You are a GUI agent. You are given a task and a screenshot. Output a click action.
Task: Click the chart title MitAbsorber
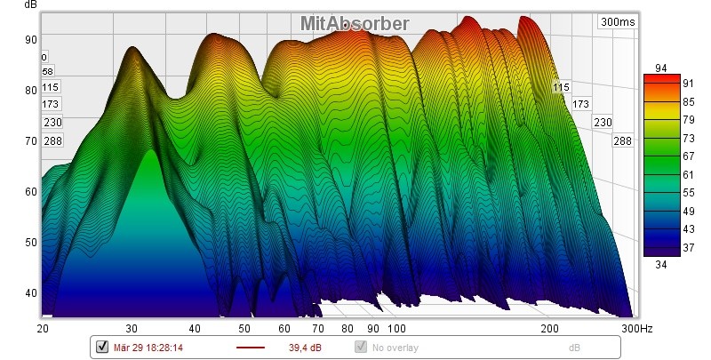(x=354, y=24)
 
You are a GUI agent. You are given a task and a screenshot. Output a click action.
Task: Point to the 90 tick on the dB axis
(x=29, y=39)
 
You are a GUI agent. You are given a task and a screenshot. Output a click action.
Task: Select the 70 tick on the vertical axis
(x=29, y=140)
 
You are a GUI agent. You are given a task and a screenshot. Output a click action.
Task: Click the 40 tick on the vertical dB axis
(x=29, y=293)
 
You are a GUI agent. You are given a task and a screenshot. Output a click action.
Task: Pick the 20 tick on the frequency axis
(x=42, y=329)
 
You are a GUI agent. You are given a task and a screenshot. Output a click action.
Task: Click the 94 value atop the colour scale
(x=660, y=68)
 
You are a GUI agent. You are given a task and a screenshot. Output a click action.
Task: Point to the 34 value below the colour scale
(x=660, y=263)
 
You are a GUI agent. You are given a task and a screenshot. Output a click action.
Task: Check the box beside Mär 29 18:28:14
(x=100, y=347)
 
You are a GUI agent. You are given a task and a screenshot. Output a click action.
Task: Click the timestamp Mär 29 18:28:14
(x=148, y=347)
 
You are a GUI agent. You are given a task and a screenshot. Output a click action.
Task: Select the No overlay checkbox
(x=361, y=347)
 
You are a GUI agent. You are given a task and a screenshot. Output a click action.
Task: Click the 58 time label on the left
(x=48, y=71)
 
